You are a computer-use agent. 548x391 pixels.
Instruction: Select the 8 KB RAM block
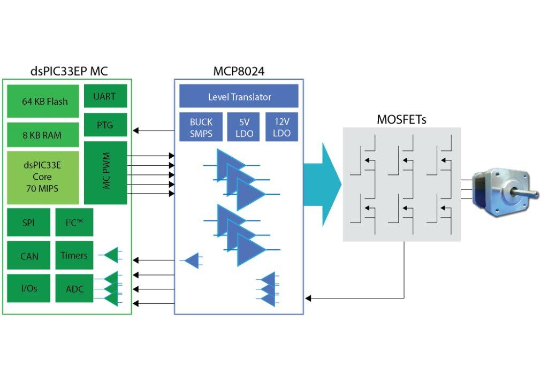click(42, 135)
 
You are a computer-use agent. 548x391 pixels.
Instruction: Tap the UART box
click(105, 96)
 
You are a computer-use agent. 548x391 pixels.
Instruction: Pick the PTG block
click(105, 125)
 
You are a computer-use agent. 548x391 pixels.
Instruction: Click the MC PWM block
click(105, 173)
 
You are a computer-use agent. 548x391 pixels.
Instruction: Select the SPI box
click(28, 223)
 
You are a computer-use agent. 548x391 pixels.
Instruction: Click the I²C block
click(74, 223)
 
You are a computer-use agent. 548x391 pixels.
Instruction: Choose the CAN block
click(29, 256)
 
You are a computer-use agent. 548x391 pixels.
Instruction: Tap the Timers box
click(74, 255)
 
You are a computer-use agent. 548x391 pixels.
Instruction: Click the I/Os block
click(29, 288)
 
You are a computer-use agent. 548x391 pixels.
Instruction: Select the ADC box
click(74, 289)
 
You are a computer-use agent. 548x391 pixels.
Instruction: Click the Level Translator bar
click(239, 97)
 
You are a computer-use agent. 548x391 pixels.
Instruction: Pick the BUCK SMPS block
click(201, 127)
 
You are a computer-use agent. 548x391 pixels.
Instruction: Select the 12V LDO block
click(281, 127)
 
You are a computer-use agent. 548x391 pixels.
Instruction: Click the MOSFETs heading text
click(401, 119)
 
